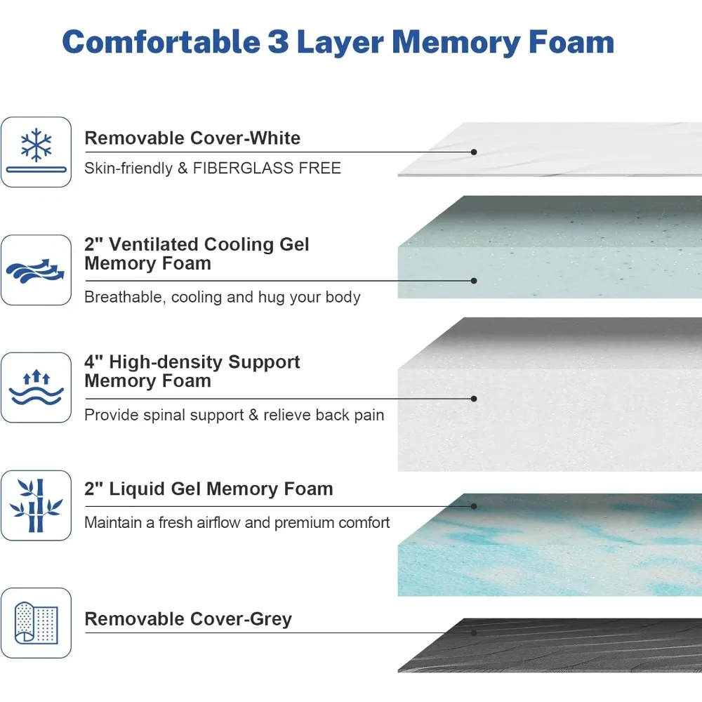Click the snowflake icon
(36, 145)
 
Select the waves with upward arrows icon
(36, 388)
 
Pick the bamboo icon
(36, 505)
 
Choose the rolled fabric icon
(36, 623)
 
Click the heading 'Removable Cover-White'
(192, 138)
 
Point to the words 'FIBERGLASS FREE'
(267, 168)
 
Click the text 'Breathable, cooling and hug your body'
(222, 297)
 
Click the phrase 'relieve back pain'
(324, 415)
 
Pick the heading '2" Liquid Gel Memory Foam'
(208, 489)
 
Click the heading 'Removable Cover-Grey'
(188, 619)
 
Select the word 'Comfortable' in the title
(161, 42)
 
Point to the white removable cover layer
(562, 149)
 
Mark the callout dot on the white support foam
(474, 399)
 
